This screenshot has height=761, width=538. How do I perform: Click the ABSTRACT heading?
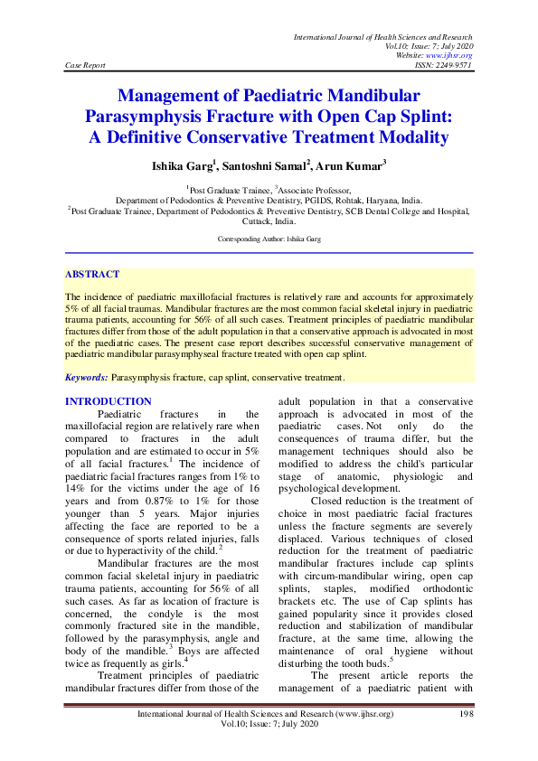coord(91,273)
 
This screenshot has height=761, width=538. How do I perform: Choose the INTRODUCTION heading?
coord(109,401)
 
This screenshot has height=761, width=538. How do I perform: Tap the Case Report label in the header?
coord(86,65)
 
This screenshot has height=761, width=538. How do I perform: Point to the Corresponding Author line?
coord(269,239)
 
